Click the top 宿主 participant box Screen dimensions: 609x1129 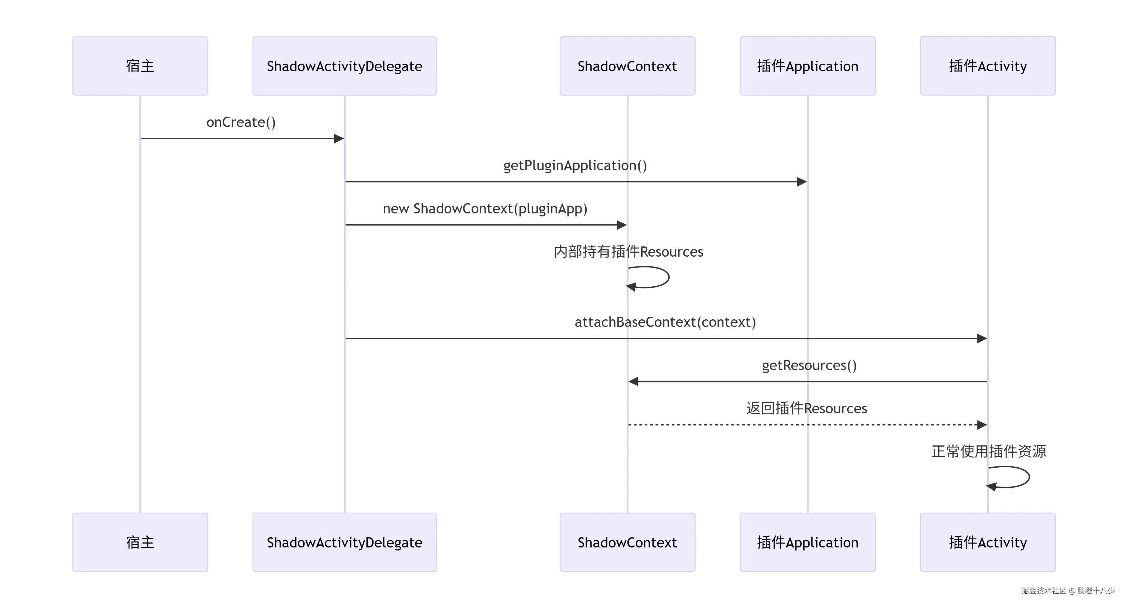coord(140,66)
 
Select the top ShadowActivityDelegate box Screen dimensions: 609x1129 coord(344,66)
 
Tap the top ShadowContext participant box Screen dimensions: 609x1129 coord(627,66)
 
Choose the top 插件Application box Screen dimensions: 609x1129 coord(807,66)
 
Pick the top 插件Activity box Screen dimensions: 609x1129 coord(988,66)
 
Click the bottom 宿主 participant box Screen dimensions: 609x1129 coord(140,542)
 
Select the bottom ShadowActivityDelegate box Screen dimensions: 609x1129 coord(344,542)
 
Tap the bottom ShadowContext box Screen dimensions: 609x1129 coord(627,542)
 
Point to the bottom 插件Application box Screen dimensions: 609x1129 coord(807,542)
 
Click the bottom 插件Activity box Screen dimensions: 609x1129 coord(988,542)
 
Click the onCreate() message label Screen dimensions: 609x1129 coord(241,122)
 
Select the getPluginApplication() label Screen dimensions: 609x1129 coord(575,166)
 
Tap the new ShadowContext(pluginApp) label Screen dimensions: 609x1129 coord(485,209)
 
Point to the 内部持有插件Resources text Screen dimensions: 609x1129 coord(628,252)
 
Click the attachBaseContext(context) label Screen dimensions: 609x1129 coord(665,322)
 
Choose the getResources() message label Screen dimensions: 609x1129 coord(809,365)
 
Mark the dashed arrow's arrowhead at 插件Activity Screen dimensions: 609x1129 coord(982,424)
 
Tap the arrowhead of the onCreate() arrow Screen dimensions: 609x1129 coord(339,138)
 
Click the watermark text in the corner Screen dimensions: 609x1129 coord(1068,591)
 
